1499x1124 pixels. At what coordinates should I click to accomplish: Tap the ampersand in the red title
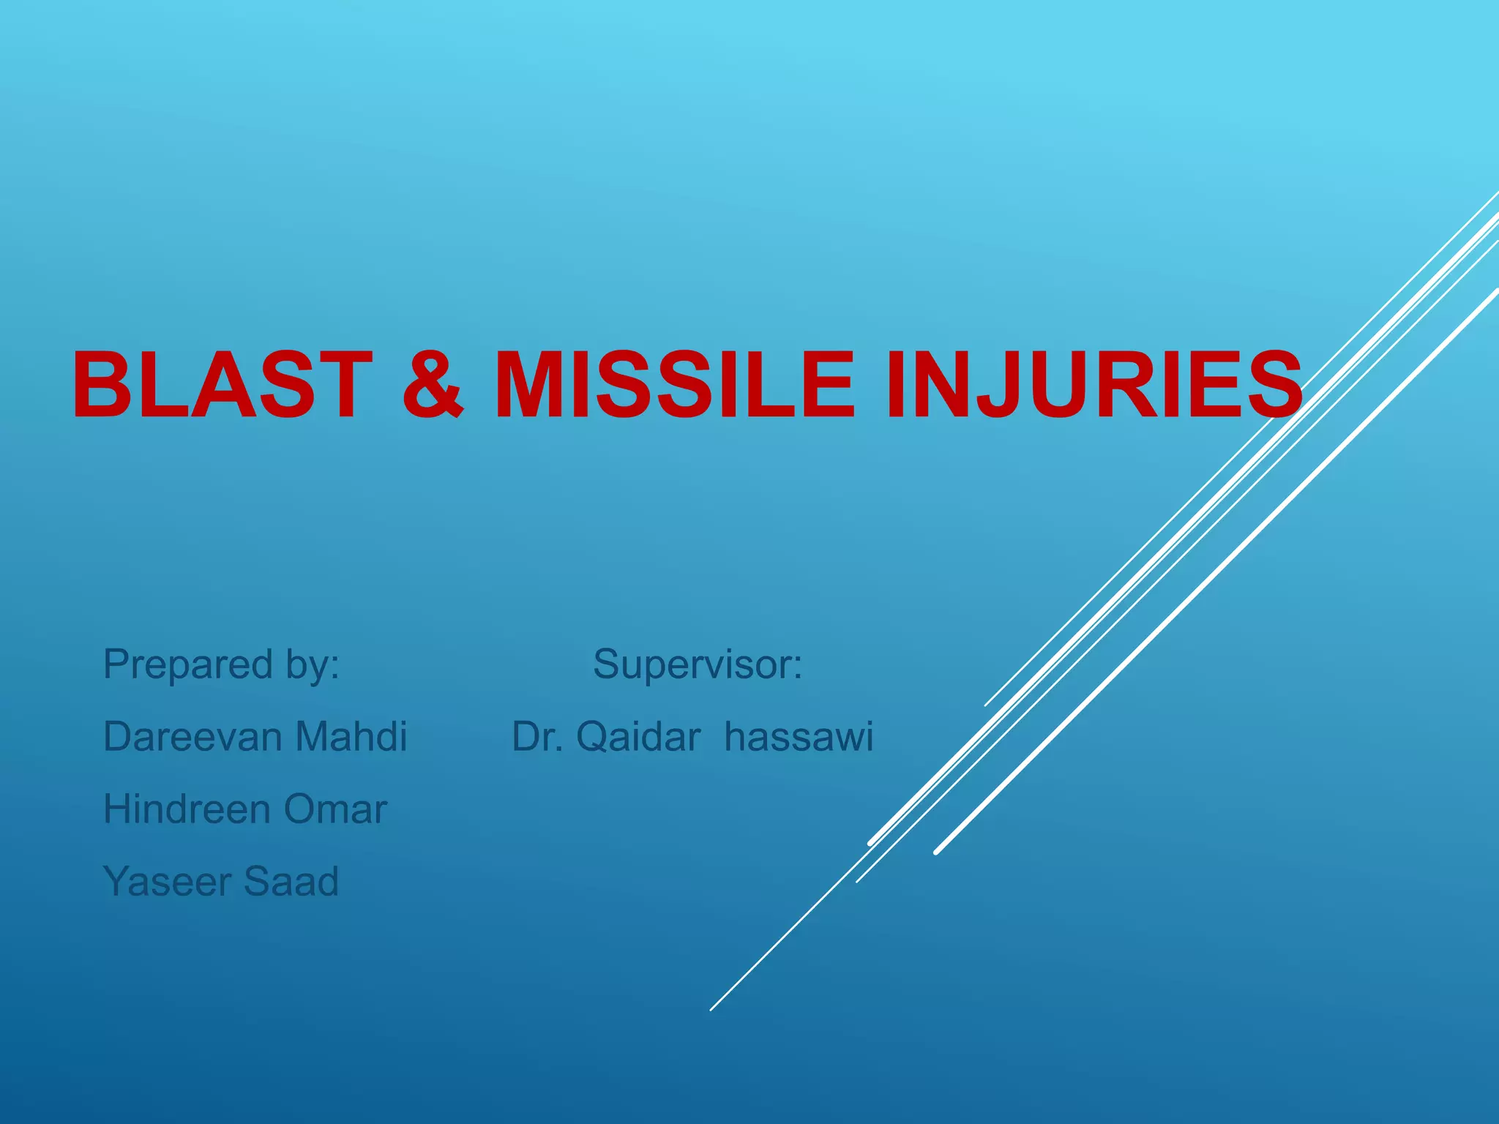click(433, 386)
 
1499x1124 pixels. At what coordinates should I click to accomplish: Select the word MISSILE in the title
click(674, 386)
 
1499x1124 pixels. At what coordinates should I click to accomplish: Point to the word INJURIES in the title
click(1094, 386)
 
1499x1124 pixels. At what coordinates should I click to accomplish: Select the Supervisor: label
click(698, 664)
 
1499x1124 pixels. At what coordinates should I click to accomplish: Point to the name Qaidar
click(638, 736)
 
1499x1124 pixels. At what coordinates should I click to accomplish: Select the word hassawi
click(799, 736)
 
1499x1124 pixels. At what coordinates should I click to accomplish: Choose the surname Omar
click(335, 809)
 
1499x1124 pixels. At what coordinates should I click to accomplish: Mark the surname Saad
click(291, 881)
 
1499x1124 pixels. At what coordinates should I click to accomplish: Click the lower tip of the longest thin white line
click(711, 1009)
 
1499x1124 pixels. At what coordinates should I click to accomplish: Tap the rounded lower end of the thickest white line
click(937, 852)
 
